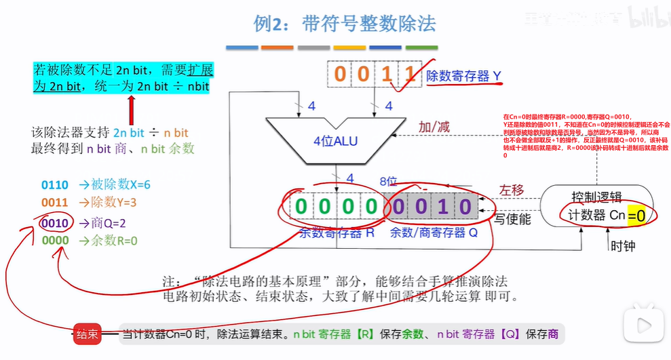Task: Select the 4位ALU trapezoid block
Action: click(335, 140)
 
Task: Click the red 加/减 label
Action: click(434, 127)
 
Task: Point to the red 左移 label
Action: click(512, 189)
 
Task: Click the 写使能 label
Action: click(512, 219)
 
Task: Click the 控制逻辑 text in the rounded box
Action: click(597, 197)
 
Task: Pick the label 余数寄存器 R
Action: click(337, 233)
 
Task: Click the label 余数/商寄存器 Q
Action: click(434, 233)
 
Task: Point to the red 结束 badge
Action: click(88, 334)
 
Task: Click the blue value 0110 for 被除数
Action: click(54, 184)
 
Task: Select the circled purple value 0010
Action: click(54, 222)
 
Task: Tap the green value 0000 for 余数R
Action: click(54, 241)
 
